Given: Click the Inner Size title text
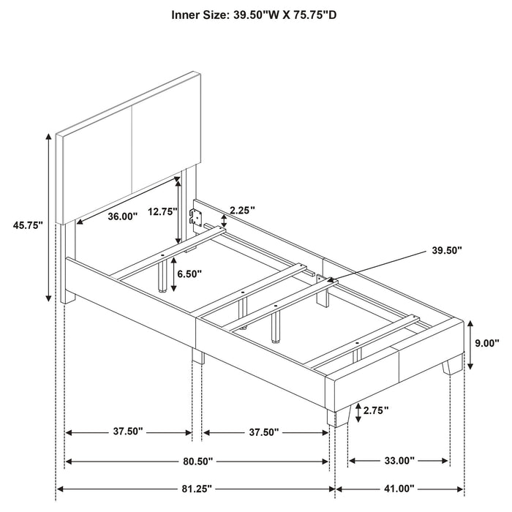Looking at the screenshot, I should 255,14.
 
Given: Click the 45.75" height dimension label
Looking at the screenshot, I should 28,225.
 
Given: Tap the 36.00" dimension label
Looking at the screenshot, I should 122,217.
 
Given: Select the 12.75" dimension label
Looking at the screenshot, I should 162,211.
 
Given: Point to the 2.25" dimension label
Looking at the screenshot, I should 241,211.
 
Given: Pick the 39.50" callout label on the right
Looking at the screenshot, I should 447,250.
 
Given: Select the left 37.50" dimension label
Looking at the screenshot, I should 128,432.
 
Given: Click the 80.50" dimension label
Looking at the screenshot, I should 197,461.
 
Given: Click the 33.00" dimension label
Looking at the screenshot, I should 399,461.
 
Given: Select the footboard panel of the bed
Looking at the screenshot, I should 395,351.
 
